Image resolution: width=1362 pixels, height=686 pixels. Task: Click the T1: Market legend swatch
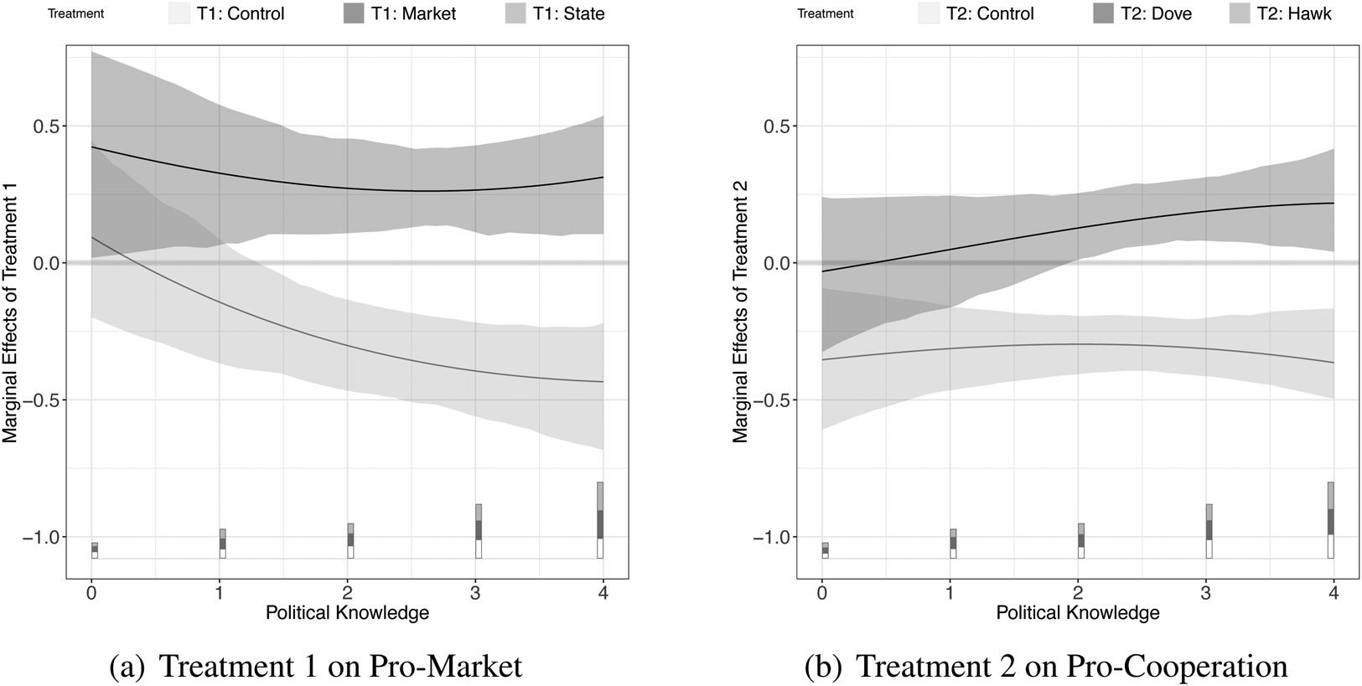[x=354, y=13]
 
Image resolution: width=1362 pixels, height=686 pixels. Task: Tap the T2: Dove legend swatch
[x=1105, y=13]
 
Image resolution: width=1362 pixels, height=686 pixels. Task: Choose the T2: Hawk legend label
[x=1294, y=13]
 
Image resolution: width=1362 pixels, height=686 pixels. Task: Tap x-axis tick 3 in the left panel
[x=475, y=593]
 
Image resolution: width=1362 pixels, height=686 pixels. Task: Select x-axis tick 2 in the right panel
[x=1078, y=593]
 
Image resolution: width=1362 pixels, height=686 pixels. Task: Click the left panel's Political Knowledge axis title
[x=347, y=613]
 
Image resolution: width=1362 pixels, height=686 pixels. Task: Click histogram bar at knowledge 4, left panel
[x=600, y=520]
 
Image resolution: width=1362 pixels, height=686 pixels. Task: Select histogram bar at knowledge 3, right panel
[x=1209, y=531]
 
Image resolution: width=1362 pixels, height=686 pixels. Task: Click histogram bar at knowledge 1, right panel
[x=953, y=544]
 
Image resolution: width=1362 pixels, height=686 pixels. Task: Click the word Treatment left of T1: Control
[x=76, y=14]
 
